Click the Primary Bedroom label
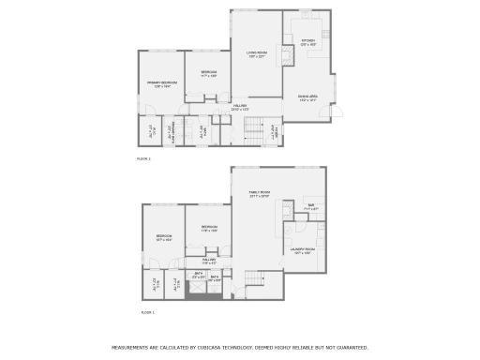click(x=162, y=82)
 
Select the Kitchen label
click(x=308, y=40)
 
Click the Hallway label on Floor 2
click(x=240, y=106)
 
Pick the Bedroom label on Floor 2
click(x=208, y=72)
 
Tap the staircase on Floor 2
click(x=251, y=128)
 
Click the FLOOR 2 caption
click(x=143, y=158)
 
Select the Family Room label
click(x=259, y=194)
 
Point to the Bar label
click(x=311, y=204)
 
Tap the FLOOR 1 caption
click(x=147, y=311)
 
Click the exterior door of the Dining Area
click(x=340, y=113)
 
